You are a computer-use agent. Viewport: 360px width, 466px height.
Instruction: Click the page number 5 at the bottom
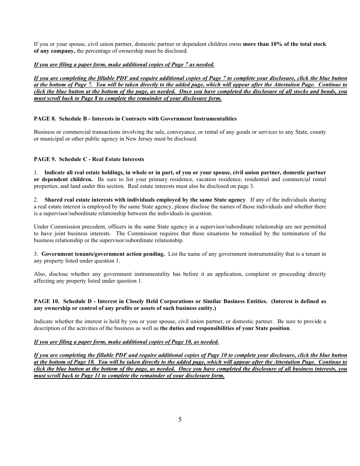pos(180,419)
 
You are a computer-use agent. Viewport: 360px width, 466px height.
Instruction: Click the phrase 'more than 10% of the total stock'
pos(284,44)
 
